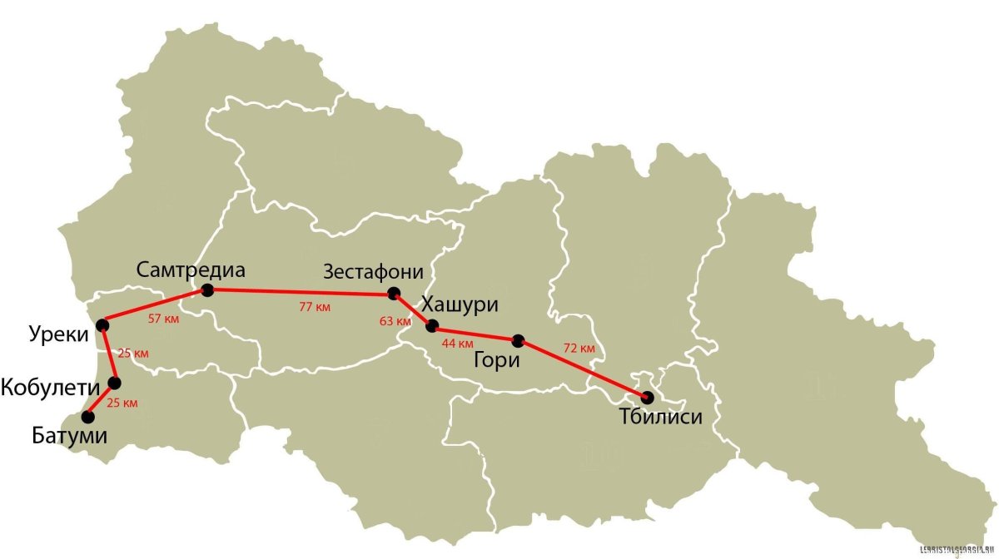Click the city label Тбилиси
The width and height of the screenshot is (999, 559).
(x=661, y=417)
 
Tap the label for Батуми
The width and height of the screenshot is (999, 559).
(x=58, y=435)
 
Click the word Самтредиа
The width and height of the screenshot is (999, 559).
(x=193, y=270)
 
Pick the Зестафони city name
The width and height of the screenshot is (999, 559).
(x=374, y=272)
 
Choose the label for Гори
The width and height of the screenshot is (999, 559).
(x=496, y=360)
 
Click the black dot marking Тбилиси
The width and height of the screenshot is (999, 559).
(x=648, y=397)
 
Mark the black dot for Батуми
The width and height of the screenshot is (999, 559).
(x=87, y=417)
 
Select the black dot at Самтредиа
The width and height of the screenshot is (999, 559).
(x=207, y=289)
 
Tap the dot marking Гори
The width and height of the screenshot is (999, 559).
(x=518, y=339)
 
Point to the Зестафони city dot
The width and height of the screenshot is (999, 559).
(x=393, y=294)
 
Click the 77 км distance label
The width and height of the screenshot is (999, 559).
(x=315, y=307)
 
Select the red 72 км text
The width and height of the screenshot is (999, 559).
(x=579, y=347)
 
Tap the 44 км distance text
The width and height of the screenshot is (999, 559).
(x=457, y=343)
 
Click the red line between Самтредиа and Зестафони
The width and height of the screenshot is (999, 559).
(x=300, y=291)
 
